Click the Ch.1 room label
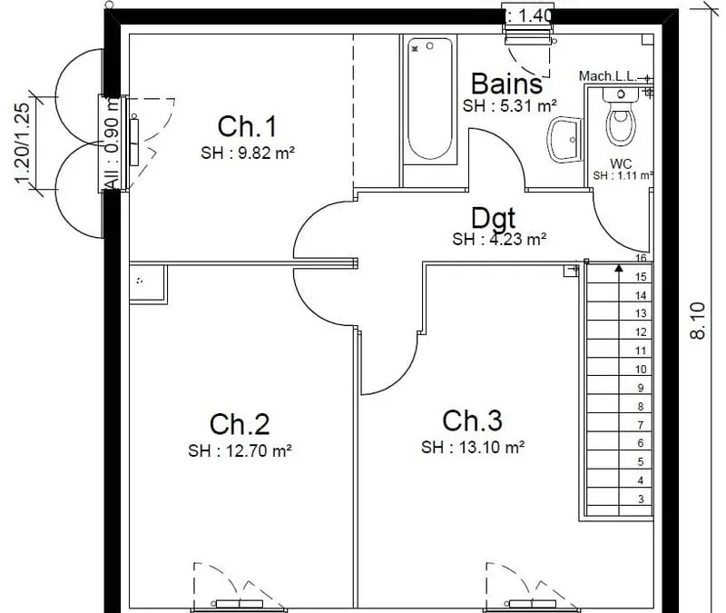(247, 126)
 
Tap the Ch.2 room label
(240, 424)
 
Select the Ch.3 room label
(472, 420)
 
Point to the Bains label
(506, 84)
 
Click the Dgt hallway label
(493, 218)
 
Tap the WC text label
(621, 163)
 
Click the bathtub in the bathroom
(429, 99)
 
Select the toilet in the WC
(621, 117)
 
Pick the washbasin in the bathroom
(564, 140)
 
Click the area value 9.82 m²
(266, 153)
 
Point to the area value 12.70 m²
(259, 450)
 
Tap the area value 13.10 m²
(492, 447)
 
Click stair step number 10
(641, 370)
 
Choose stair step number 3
(641, 499)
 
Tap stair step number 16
(641, 258)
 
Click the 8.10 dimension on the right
(697, 321)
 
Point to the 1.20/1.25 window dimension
(22, 143)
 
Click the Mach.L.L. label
(608, 76)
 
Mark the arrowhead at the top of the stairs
(619, 268)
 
